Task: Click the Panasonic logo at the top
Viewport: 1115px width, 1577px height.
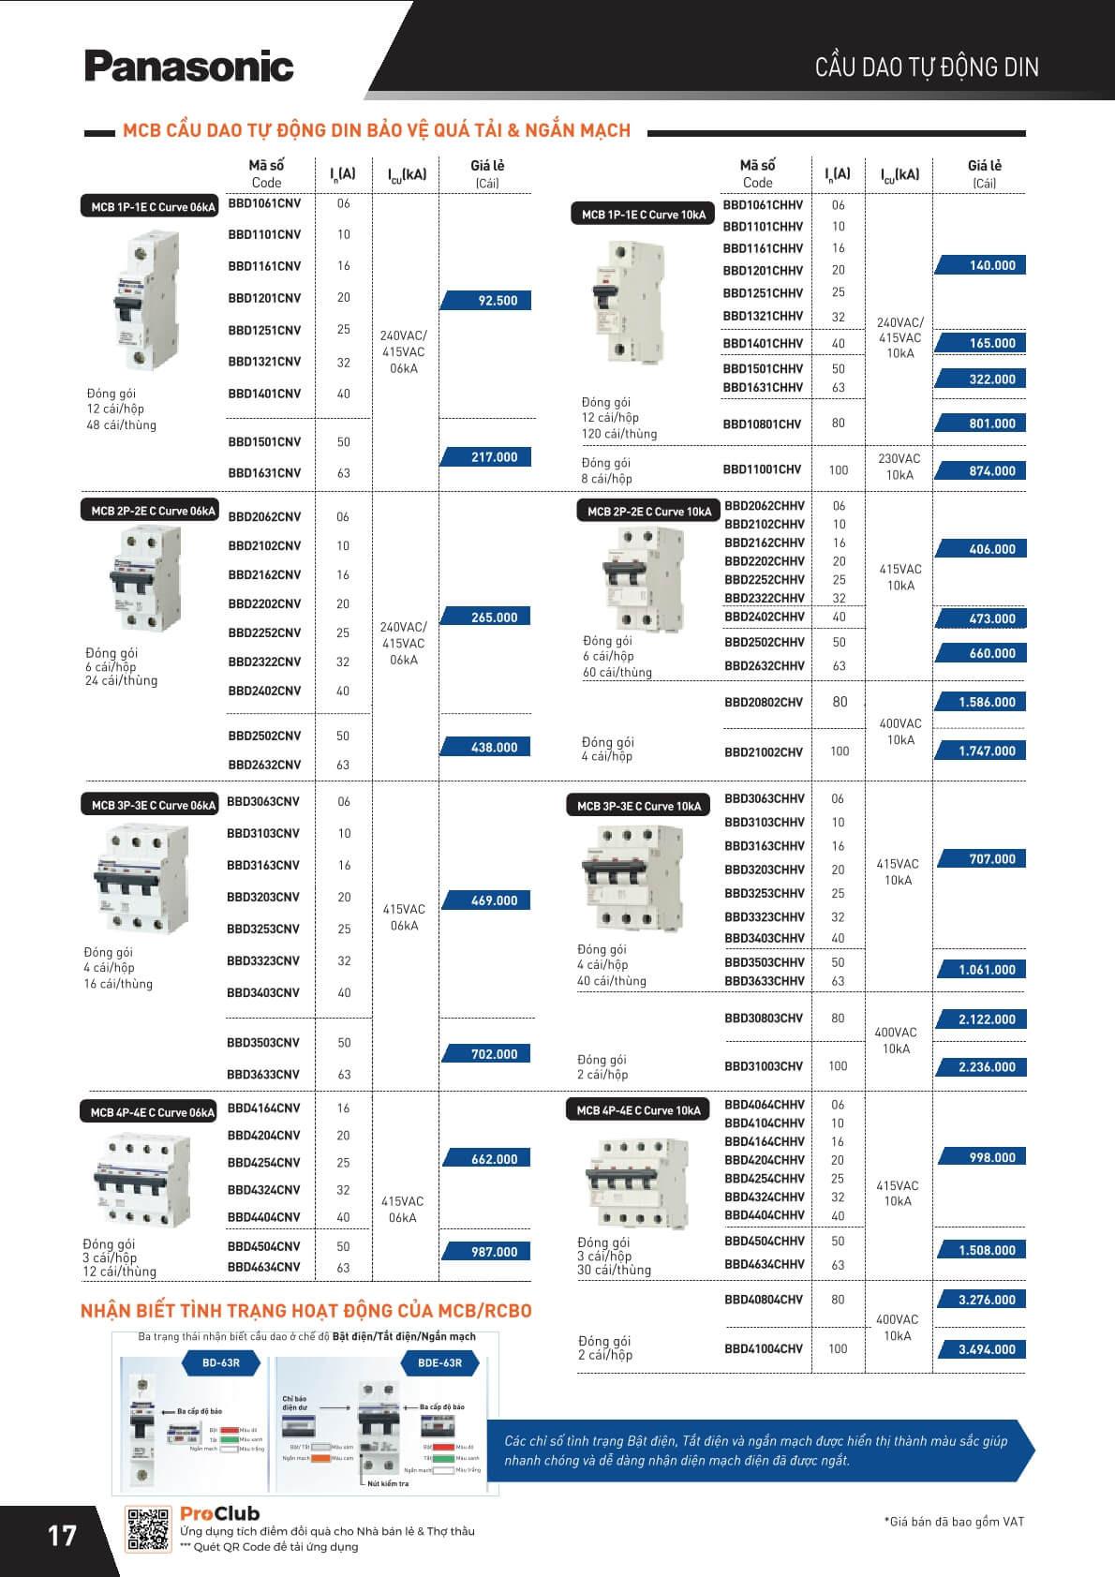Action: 188,66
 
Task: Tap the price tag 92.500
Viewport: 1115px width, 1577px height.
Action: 486,301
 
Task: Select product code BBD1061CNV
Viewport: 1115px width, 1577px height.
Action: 264,203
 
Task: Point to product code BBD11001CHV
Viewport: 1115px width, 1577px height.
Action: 762,469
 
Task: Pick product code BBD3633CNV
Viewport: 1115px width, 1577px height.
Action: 263,1075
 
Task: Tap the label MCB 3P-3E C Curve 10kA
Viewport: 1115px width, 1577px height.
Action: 638,806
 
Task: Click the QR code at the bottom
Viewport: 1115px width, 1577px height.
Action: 148,1528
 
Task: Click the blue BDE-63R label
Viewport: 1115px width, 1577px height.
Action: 440,1362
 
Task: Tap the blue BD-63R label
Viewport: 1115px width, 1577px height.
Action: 221,1362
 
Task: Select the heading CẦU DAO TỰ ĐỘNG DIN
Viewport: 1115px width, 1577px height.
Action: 927,67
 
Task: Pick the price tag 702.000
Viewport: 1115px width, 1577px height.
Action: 486,1054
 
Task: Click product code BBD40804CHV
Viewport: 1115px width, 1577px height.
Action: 764,1300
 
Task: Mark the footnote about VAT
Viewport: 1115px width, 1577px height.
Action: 954,1522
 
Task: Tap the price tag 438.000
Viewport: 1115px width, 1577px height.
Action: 486,748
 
